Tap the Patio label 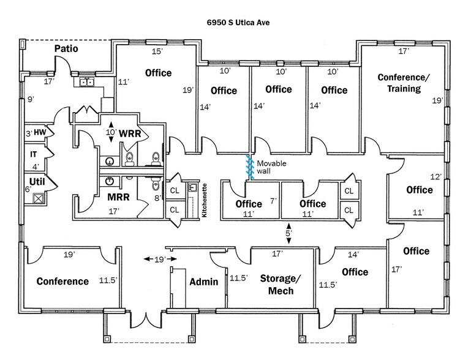pyautogui.click(x=66, y=48)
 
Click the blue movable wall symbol pyautogui.click(x=250, y=167)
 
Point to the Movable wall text pyautogui.click(x=271, y=167)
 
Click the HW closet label pyautogui.click(x=40, y=132)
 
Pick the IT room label pyautogui.click(x=34, y=156)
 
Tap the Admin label pyautogui.click(x=204, y=282)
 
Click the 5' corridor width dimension pyautogui.click(x=288, y=233)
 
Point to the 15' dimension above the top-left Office pyautogui.click(x=157, y=51)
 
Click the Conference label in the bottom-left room pyautogui.click(x=62, y=282)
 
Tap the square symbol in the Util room pyautogui.click(x=37, y=198)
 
